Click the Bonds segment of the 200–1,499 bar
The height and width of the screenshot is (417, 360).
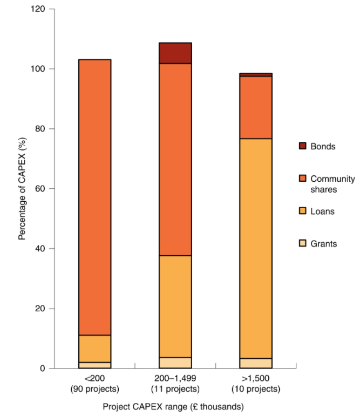tap(175, 53)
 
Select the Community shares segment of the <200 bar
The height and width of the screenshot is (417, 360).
tap(95, 197)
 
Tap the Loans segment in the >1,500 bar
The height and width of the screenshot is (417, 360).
tap(256, 248)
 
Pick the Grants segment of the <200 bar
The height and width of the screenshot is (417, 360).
tap(95, 365)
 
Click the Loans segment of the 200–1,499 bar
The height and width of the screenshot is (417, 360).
tap(175, 306)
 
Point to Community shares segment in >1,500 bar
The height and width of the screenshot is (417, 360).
tap(256, 107)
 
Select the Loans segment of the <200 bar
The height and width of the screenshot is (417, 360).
tap(95, 348)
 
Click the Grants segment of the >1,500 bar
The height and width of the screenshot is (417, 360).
tap(256, 363)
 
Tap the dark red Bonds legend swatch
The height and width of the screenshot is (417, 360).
tap(302, 146)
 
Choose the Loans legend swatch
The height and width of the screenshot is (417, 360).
tap(302, 211)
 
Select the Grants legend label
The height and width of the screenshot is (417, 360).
tap(323, 244)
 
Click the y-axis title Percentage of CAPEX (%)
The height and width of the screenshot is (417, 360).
tap(22, 189)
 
